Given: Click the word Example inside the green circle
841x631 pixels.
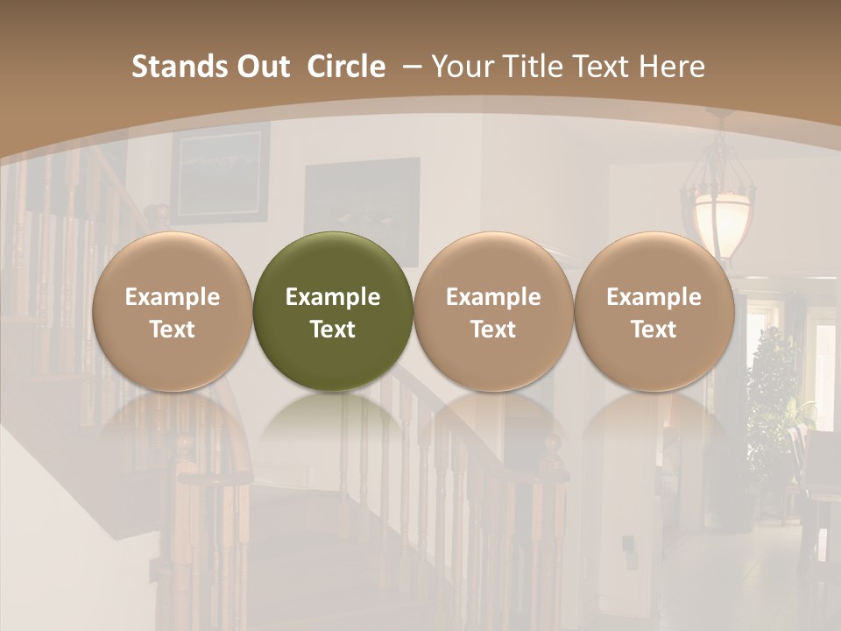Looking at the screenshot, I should click(x=333, y=297).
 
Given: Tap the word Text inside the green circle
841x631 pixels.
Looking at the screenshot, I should click(x=333, y=330).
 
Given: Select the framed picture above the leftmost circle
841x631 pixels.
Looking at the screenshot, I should click(x=219, y=171).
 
